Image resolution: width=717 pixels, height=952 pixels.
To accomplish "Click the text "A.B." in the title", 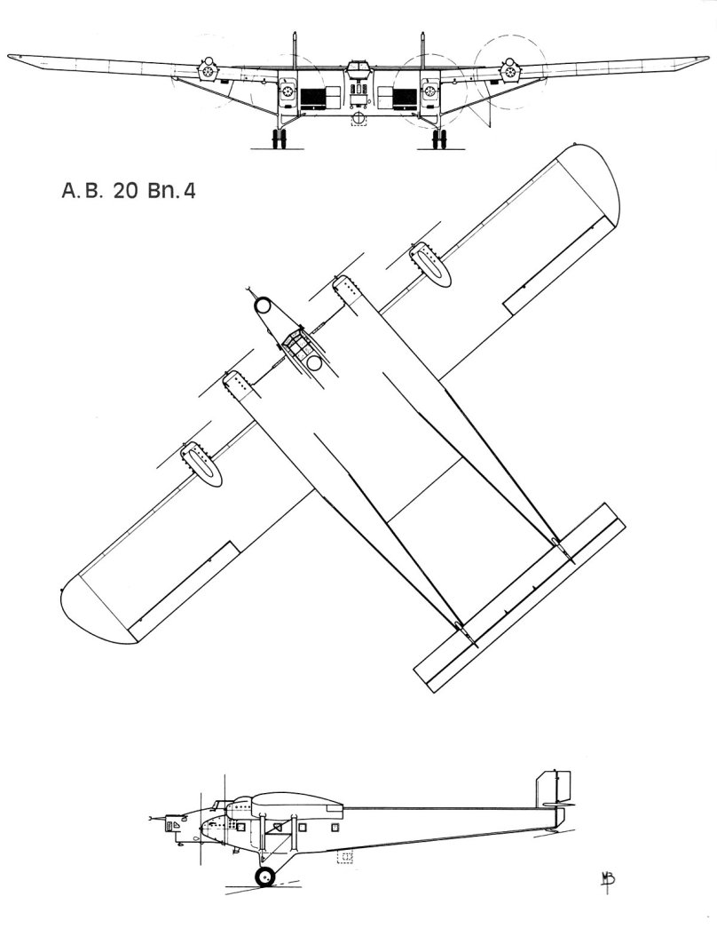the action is click(81, 191).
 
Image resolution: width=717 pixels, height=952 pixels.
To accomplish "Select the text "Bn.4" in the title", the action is click(171, 191).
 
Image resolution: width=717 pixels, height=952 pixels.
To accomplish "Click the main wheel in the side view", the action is click(265, 877).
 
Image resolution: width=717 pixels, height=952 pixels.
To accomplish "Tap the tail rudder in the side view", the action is click(553, 788).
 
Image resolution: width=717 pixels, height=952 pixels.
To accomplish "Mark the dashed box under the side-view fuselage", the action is click(345, 857).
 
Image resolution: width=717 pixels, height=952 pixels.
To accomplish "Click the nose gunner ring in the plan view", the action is click(264, 305).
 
